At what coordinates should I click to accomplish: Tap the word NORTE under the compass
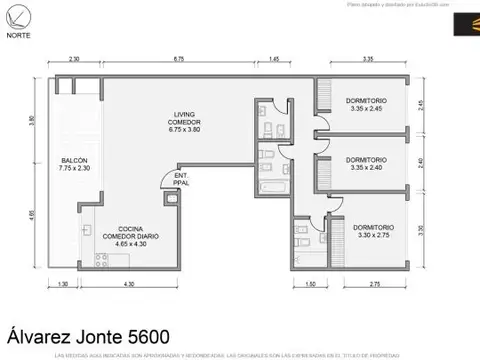19,36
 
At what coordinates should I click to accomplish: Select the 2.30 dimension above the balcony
74,60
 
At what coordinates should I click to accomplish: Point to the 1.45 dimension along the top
274,60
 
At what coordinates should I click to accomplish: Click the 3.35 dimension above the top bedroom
369,60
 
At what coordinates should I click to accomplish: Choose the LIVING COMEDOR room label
185,124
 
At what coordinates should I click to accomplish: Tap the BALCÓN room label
74,165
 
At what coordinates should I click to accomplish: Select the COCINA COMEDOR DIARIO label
124,236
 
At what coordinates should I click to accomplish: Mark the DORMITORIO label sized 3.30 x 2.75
373,230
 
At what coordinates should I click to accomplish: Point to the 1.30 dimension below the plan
63,285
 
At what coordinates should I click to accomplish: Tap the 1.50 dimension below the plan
311,285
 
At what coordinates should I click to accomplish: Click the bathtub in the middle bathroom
272,187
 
